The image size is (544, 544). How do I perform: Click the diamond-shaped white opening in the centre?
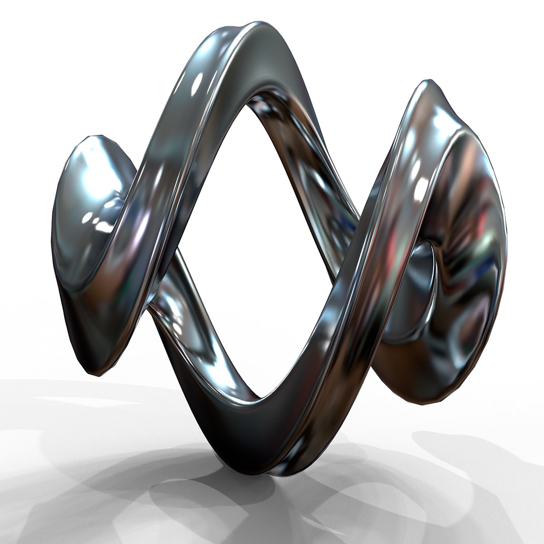pos(262,252)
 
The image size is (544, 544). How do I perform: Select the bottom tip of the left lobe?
pos(96,373)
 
